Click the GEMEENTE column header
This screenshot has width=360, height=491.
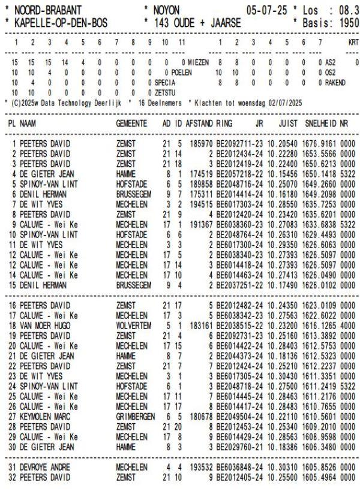132,122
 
